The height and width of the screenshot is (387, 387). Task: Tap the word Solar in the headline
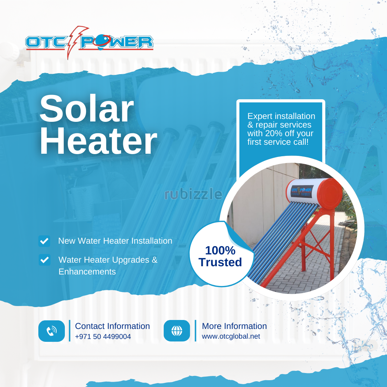(87, 108)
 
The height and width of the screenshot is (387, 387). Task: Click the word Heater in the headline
(98, 141)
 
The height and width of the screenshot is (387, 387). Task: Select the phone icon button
(52, 331)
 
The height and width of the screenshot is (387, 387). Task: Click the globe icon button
(177, 331)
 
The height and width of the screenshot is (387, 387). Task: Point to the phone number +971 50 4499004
(103, 336)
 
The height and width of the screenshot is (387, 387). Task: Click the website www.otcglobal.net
(231, 336)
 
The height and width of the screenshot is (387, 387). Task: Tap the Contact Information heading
(112, 326)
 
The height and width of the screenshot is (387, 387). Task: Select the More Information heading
(234, 326)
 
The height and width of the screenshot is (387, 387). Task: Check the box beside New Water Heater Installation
(44, 241)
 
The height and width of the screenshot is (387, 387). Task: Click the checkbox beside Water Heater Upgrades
(44, 260)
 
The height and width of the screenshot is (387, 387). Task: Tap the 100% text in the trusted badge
(220, 250)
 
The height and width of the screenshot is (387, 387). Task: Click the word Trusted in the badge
(220, 262)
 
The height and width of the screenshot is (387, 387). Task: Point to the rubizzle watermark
(193, 194)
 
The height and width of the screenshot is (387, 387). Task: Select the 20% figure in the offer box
(274, 133)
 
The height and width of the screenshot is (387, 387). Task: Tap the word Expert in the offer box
(259, 116)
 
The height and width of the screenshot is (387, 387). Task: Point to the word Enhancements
(87, 272)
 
